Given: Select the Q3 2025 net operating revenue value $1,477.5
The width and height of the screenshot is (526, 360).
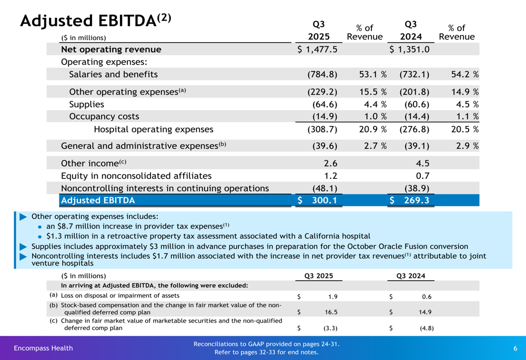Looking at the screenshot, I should tap(317, 49).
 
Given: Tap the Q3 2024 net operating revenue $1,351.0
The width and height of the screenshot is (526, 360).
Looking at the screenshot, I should tap(410, 49).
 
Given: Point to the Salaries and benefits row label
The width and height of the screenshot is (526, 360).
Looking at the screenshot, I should tap(113, 75).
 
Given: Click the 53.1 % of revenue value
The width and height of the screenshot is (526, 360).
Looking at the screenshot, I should tap(373, 75).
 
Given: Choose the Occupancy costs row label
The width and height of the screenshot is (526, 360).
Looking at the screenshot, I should tap(104, 117).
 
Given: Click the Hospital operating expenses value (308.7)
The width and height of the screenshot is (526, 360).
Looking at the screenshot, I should tap(322, 129).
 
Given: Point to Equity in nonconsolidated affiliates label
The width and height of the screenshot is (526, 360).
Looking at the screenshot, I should tap(136, 176).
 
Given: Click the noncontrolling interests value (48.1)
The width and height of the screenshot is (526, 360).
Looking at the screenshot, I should tap(325, 188).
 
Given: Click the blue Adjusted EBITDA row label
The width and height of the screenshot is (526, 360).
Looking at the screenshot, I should tap(98, 200).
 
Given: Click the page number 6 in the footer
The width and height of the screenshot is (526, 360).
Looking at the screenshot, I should tap(515, 348).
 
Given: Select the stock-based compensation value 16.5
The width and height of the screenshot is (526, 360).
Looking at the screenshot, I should tap(331, 312).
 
